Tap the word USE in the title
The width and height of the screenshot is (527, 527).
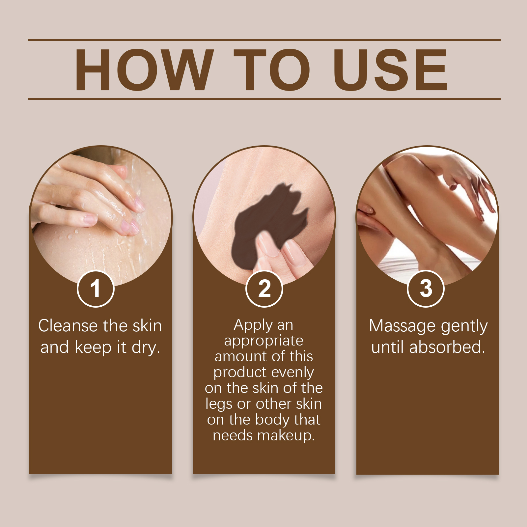point(391,69)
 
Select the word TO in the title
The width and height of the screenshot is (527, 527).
point(272,69)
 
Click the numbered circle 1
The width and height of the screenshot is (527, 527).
point(96,289)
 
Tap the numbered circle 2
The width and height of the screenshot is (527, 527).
point(264,289)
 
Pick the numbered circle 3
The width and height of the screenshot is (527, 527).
point(426,289)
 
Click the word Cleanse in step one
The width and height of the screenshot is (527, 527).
point(68,326)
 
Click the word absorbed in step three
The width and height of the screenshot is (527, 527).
point(447,347)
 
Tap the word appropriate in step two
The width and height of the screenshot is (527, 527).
point(264,341)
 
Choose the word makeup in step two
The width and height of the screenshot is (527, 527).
point(286,436)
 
